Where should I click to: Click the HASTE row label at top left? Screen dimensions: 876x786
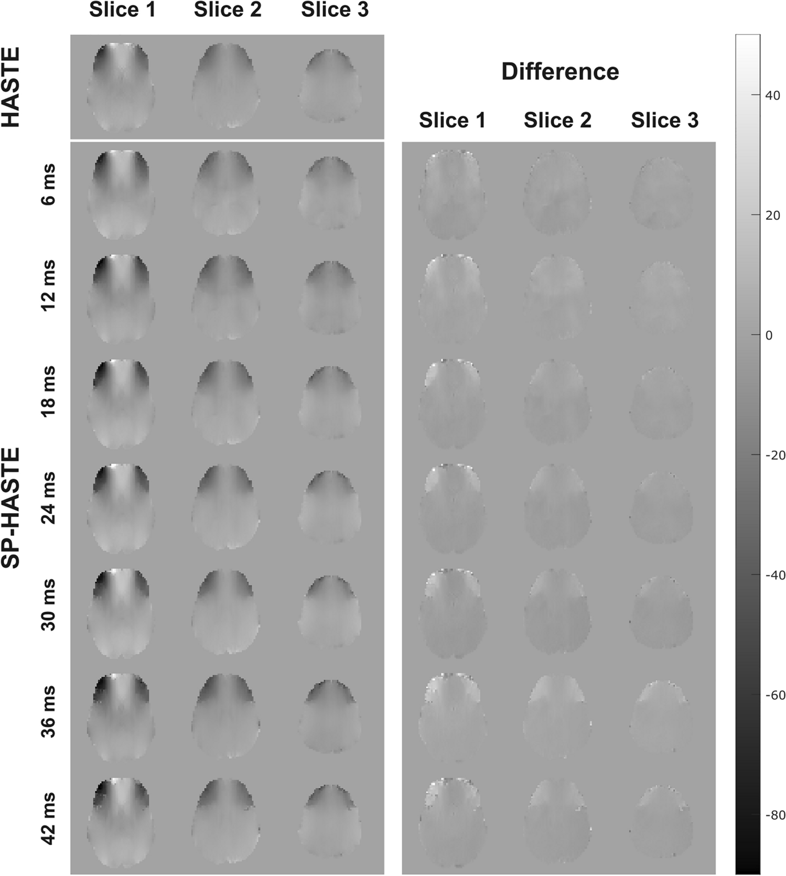12,87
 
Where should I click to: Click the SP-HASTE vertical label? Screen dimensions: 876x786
12,507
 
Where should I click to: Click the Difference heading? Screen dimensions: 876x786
560,72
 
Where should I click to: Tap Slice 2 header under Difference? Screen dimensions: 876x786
557,121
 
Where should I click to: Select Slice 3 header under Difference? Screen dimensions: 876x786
664,121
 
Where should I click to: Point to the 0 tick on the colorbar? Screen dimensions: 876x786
769,335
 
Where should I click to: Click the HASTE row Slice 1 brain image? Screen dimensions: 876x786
121,87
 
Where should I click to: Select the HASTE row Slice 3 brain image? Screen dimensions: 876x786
330,86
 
